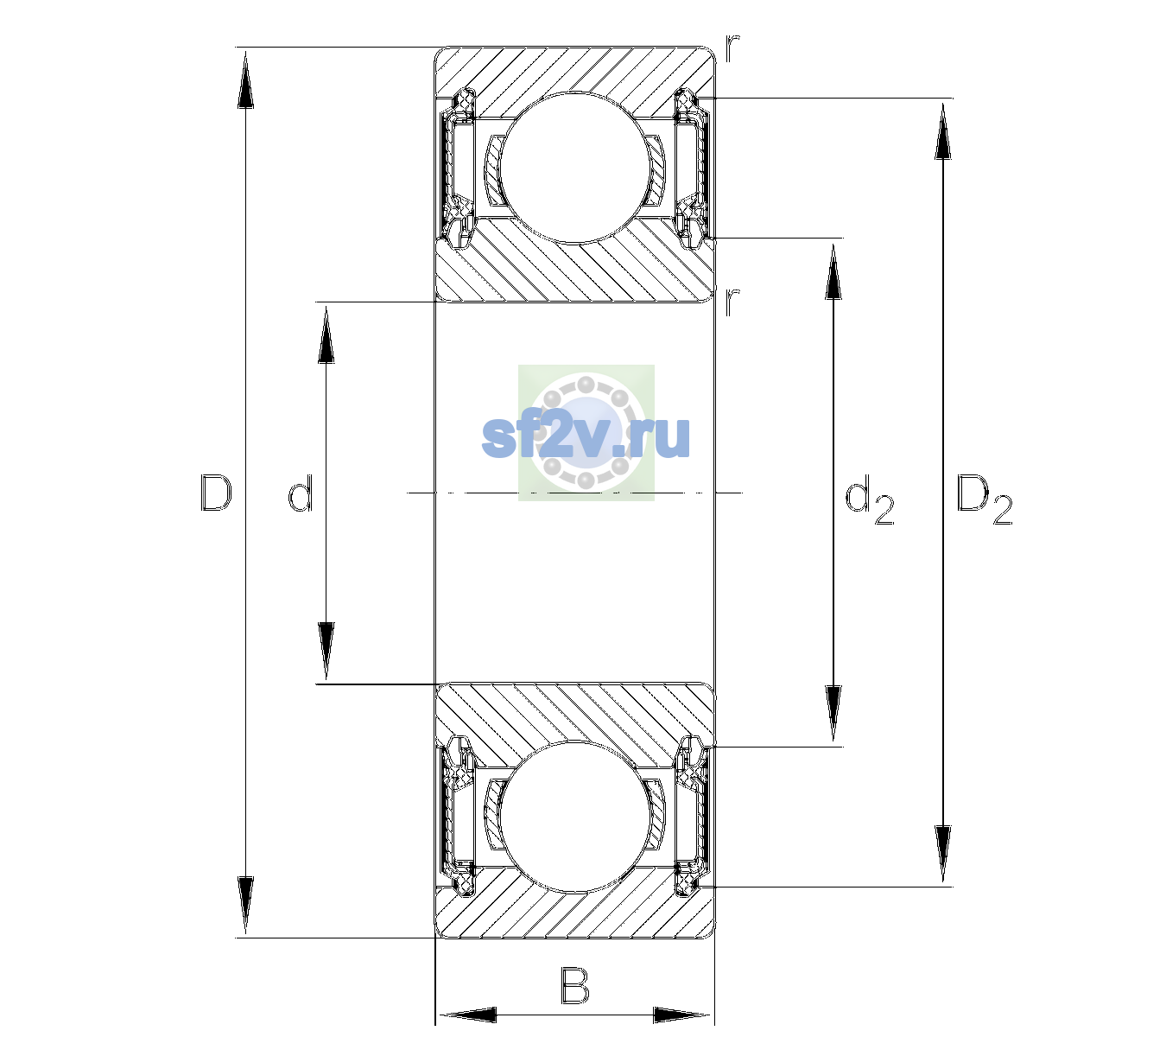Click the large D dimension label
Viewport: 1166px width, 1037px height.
pyautogui.click(x=216, y=493)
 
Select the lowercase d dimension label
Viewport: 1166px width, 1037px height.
pyautogui.click(x=301, y=493)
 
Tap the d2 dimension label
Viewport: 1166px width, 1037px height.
pyautogui.click(x=869, y=499)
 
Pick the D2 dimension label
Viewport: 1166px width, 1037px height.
pyautogui.click(x=984, y=499)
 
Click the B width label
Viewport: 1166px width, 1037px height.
pyautogui.click(x=574, y=985)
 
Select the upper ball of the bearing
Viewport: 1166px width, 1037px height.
pyautogui.click(x=574, y=168)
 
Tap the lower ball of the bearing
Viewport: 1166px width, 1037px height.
pyautogui.click(x=574, y=817)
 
